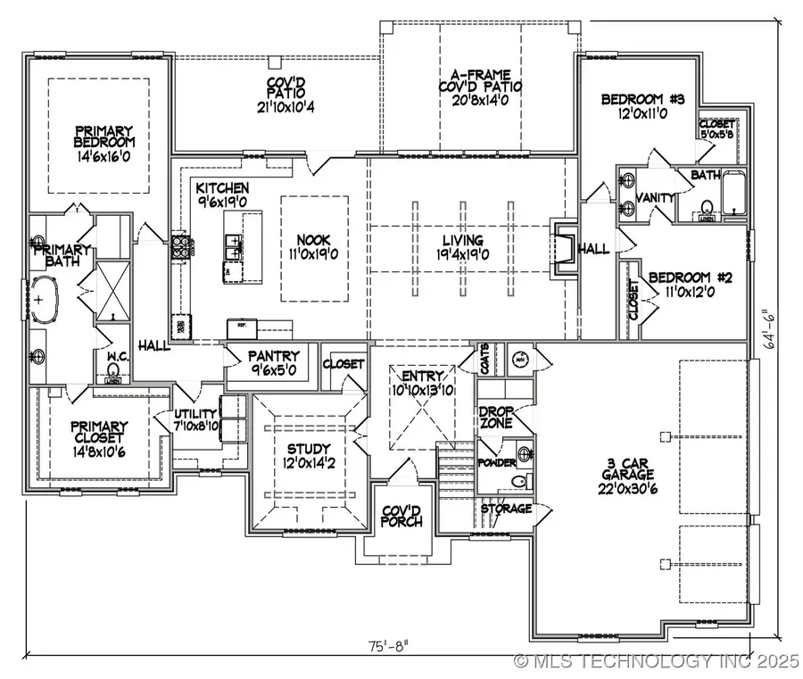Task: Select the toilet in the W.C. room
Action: coord(112,369)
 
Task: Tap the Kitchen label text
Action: coord(222,195)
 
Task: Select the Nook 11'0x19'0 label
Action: coord(313,246)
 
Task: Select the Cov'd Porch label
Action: coord(401,516)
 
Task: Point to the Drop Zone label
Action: coord(495,418)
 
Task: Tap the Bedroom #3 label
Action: coord(642,106)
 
